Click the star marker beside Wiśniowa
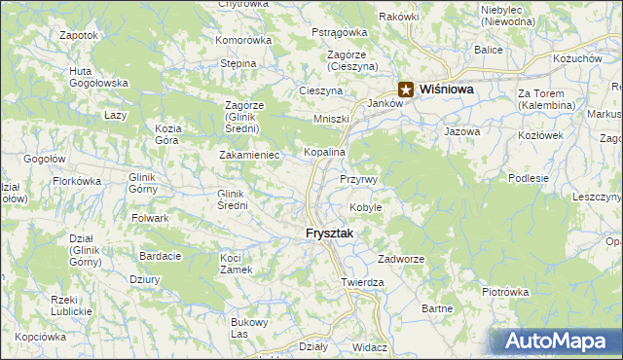(x=406, y=89)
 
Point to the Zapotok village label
(x=79, y=35)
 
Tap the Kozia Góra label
(x=168, y=134)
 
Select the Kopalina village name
(x=325, y=154)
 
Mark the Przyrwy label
(x=364, y=180)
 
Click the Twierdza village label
(x=362, y=282)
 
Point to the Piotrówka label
(x=504, y=291)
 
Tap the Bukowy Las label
(x=248, y=328)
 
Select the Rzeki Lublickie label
(x=71, y=306)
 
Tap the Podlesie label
(x=529, y=178)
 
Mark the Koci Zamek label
(x=237, y=263)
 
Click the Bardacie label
(x=161, y=256)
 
